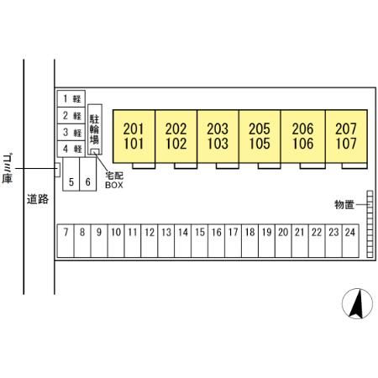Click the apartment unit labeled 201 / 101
tap(134, 136)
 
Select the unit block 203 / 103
tap(218, 136)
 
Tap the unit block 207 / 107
tap(346, 136)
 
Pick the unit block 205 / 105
tap(260, 136)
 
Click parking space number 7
tap(66, 240)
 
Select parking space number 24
tap(350, 240)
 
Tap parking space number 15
tap(200, 240)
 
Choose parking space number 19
tap(266, 240)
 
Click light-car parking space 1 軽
tap(71, 98)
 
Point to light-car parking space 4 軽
tap(71, 149)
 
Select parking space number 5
tap(71, 174)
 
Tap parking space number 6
tap(88, 174)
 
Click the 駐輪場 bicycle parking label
tap(94, 129)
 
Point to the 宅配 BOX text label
tap(114, 181)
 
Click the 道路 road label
tap(38, 199)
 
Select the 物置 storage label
tap(344, 205)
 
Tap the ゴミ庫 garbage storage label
tap(7, 169)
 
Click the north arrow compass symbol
tap(357, 303)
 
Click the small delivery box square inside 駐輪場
tap(95, 151)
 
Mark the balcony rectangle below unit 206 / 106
tap(312, 165)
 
